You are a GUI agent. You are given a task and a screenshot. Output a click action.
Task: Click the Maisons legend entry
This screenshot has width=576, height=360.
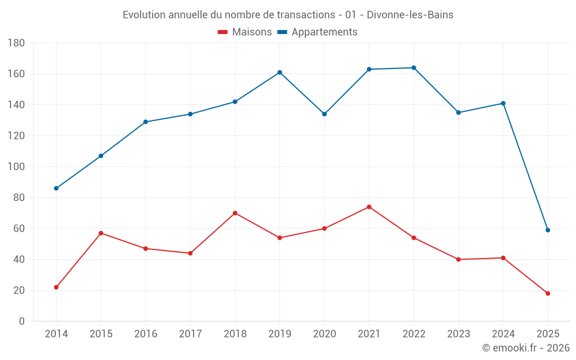point(245,32)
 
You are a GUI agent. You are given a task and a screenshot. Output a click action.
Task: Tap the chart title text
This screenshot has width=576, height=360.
point(288,15)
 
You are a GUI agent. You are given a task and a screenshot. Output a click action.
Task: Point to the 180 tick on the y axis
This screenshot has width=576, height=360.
point(16,43)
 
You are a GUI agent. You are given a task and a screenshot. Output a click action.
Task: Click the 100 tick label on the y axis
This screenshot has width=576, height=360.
point(16,167)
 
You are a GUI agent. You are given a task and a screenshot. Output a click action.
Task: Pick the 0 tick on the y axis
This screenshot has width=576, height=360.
point(21,321)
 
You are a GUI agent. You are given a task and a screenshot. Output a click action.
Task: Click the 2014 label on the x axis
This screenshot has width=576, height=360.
point(56,334)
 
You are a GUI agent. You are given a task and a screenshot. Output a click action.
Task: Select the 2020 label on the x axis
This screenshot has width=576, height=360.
point(324,334)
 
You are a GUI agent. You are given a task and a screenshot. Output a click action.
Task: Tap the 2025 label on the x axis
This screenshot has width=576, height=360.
point(548,334)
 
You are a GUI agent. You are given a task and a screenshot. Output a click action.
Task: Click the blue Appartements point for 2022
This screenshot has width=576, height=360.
point(414,68)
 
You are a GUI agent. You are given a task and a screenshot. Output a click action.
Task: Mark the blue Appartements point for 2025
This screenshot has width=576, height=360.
point(548,230)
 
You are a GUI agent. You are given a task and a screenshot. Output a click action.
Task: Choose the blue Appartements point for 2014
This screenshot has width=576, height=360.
point(56,188)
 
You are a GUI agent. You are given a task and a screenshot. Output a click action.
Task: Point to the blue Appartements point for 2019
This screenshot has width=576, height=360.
point(279,73)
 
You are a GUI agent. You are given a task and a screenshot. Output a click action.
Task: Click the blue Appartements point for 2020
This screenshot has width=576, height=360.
point(324,114)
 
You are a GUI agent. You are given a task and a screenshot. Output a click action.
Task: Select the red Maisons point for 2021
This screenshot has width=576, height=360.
point(369,207)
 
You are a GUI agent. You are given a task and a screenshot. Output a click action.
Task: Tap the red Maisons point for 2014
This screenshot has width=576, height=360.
point(56,287)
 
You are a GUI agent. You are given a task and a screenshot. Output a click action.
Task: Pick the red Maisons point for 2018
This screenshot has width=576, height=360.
point(235,213)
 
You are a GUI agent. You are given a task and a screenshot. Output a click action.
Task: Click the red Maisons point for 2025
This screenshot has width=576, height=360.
point(548,294)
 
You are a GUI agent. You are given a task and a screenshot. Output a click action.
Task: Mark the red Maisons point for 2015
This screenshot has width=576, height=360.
point(101,233)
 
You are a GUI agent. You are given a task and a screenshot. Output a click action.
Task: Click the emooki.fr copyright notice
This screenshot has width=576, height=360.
point(525,348)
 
